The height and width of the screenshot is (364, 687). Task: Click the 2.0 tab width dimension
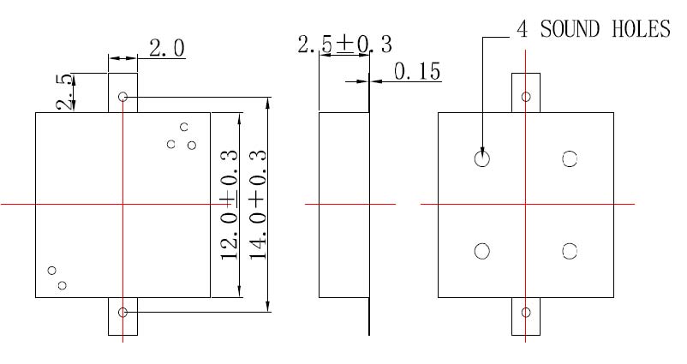click(x=166, y=49)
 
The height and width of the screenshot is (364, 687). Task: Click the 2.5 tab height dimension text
click(x=64, y=92)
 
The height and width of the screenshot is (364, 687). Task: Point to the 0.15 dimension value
click(x=417, y=72)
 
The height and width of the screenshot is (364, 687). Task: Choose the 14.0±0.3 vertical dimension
click(x=258, y=205)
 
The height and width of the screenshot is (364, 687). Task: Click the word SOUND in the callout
click(x=572, y=29)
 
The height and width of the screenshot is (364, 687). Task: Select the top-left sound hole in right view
click(x=482, y=158)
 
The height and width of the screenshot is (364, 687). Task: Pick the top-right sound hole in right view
click(x=570, y=158)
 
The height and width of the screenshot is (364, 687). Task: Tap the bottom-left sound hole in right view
click(x=482, y=250)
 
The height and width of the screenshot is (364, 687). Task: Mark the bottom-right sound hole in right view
click(x=570, y=250)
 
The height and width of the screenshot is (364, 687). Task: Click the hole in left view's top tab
click(x=123, y=97)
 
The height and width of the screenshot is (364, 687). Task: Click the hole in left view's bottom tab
click(x=123, y=313)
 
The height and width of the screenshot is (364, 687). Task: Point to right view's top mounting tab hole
click(x=526, y=97)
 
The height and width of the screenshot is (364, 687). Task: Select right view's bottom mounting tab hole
click(x=526, y=312)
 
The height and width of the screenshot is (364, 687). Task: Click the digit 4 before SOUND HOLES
click(x=521, y=29)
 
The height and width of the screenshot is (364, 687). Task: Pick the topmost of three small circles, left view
click(x=183, y=127)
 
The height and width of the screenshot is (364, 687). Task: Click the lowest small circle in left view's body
click(x=62, y=285)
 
